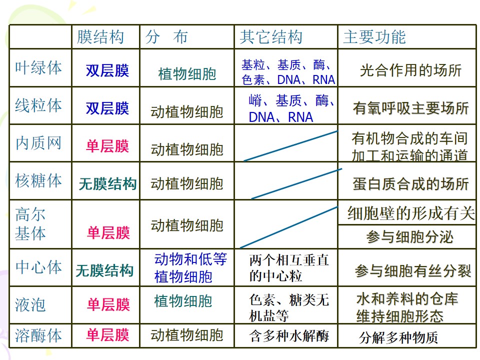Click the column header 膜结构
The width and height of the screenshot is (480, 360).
click(x=100, y=37)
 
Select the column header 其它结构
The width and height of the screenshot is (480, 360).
click(x=271, y=37)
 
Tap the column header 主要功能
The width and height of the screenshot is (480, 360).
click(x=374, y=37)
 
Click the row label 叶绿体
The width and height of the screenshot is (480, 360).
click(x=38, y=67)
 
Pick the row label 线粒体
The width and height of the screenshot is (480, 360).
click(x=38, y=105)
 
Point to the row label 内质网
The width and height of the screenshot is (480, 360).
click(x=38, y=143)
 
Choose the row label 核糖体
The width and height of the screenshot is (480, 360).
click(x=38, y=180)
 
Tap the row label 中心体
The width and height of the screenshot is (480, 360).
click(x=38, y=267)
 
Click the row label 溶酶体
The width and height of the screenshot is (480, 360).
click(x=38, y=335)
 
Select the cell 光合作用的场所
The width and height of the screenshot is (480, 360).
click(x=410, y=70)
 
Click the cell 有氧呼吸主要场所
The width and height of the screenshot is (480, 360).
click(x=410, y=108)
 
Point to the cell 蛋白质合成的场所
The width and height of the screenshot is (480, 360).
click(x=410, y=184)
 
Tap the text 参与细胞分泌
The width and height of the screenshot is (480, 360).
click(x=409, y=237)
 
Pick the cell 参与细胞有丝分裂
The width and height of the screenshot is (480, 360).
click(x=412, y=271)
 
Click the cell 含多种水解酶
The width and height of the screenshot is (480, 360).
click(x=289, y=336)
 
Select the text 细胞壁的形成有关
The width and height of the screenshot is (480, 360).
click(x=411, y=213)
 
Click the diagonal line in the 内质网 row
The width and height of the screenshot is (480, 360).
click(x=290, y=145)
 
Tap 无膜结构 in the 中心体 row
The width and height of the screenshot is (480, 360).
click(x=104, y=270)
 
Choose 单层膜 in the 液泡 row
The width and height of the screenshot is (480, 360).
click(x=108, y=304)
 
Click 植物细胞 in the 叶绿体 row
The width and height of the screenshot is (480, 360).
click(x=187, y=74)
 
